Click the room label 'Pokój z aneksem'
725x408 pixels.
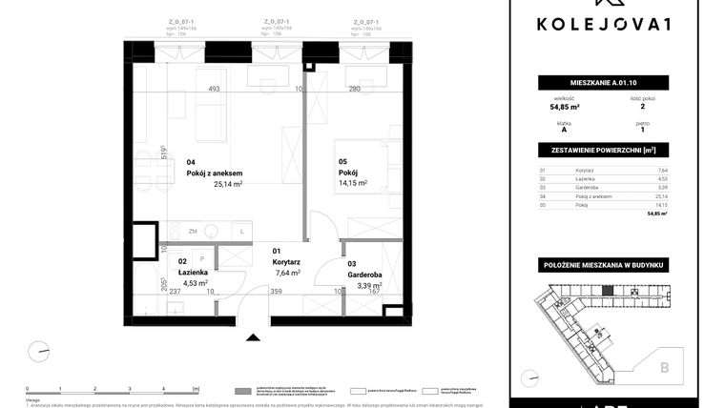pos(221,173)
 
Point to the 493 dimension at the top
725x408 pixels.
pos(215,90)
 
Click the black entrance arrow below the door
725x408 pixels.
pos(253,337)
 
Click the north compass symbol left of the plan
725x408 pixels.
pos(39,351)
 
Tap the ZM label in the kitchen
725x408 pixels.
pos(193,232)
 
